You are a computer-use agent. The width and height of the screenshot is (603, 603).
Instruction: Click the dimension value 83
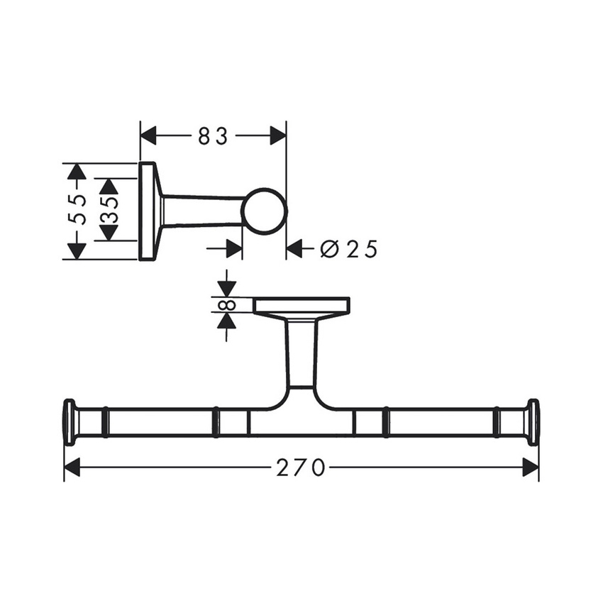[x=213, y=135]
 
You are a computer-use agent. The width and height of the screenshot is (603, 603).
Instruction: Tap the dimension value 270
[x=301, y=468]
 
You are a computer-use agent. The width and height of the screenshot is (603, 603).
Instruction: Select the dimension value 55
[x=79, y=210]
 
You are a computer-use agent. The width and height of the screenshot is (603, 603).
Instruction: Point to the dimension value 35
[x=109, y=210]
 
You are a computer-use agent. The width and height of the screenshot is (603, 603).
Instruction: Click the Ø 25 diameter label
[x=348, y=249]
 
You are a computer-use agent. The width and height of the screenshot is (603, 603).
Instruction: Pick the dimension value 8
[x=226, y=305]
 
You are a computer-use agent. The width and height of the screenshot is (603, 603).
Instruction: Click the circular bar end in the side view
[x=264, y=211]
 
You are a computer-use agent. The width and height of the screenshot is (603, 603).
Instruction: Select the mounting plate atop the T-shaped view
[x=301, y=306]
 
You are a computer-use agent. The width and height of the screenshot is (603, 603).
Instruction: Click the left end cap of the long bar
[x=70, y=422]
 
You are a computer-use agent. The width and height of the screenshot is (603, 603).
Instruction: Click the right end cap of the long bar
[x=533, y=422]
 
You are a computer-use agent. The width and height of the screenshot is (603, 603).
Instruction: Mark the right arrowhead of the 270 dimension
[x=531, y=468]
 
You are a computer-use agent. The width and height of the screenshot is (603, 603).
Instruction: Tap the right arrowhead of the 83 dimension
[x=277, y=135]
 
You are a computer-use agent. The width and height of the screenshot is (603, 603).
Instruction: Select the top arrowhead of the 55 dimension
[x=76, y=171]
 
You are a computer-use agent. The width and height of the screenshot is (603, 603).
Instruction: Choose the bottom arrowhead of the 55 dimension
[x=76, y=250]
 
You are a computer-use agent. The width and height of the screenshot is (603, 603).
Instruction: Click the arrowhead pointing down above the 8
[x=226, y=288]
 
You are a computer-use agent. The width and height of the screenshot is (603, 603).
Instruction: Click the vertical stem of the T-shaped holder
[x=301, y=355]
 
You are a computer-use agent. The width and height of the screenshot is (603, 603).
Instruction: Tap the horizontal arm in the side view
[x=202, y=211]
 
